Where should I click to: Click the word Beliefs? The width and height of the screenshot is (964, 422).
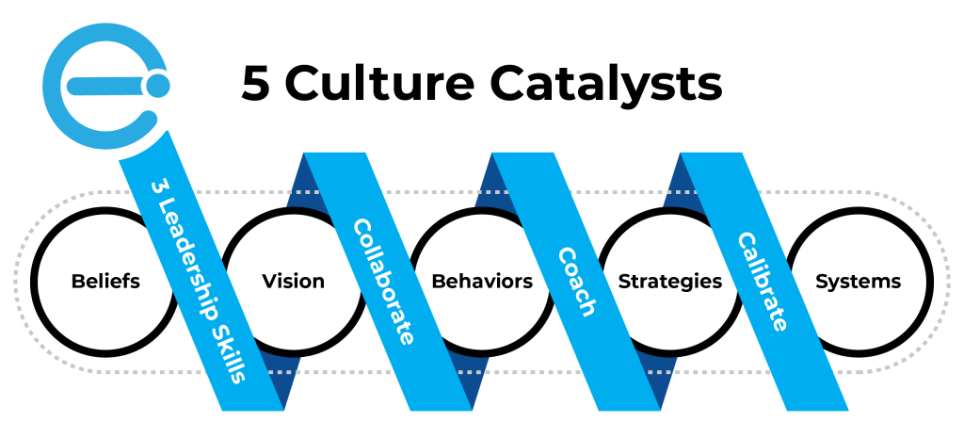coord(105,281)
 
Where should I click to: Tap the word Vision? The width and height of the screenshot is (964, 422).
coord(293,281)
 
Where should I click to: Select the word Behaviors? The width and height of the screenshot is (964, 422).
coord(481,281)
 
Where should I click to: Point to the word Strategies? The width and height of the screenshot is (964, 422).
coord(669,281)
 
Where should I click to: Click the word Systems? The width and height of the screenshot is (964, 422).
coord(858,281)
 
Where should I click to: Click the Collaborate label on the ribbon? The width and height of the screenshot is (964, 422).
coord(383,281)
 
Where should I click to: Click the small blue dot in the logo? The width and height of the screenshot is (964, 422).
coord(158,86)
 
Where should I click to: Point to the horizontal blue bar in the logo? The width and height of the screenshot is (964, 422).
coord(104,87)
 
